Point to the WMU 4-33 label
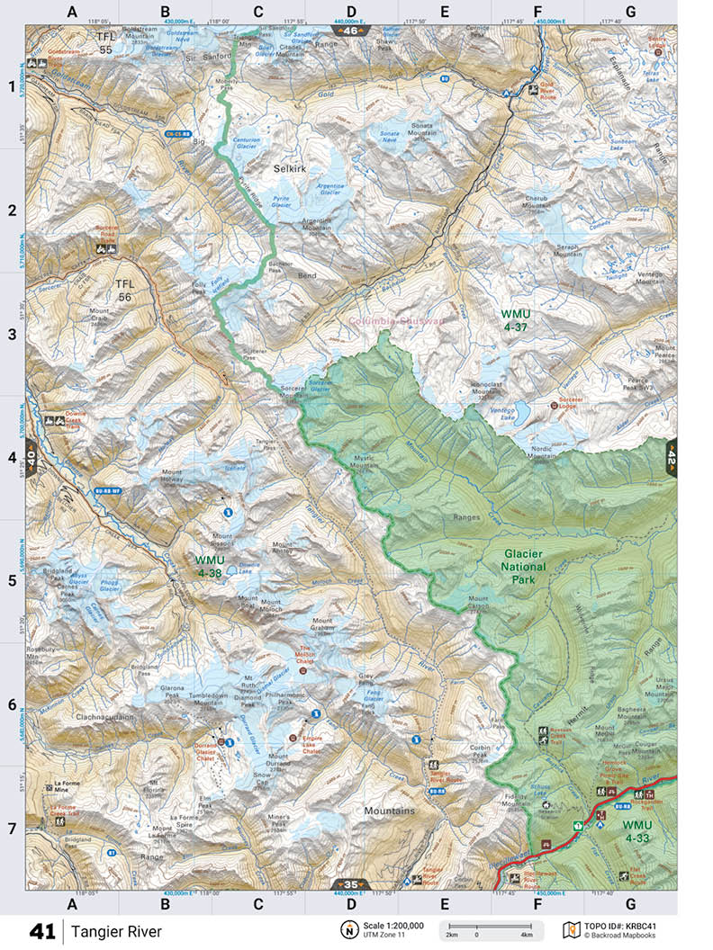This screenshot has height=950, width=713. click(636, 830)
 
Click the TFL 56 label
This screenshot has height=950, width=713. click(124, 291)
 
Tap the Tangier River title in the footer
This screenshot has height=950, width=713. click(117, 931)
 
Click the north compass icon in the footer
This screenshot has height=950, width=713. click(347, 929)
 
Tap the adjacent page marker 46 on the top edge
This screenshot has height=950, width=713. click(351, 31)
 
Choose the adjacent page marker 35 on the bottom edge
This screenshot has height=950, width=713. click(351, 884)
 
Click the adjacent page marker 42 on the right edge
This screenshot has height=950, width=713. click(671, 457)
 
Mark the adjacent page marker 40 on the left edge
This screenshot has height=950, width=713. click(32, 457)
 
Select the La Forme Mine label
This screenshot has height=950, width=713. click(75, 786)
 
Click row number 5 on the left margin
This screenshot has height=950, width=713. click(13, 580)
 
